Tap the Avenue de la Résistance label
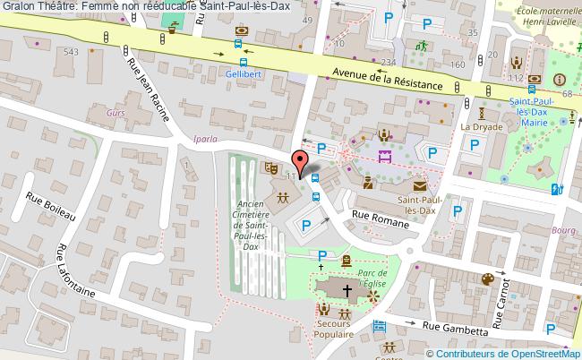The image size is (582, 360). [387, 80]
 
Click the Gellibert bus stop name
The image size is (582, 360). [243, 74]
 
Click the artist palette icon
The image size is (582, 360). [488, 279]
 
